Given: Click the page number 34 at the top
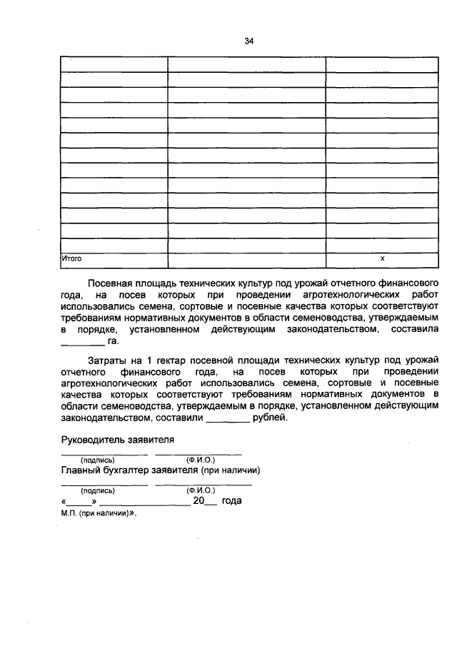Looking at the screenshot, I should (249, 41).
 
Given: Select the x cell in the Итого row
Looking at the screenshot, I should (382, 258).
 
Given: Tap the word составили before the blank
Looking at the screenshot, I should (183, 418).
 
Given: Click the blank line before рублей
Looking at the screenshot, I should (228, 420).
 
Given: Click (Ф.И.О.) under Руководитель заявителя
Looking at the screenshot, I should (201, 460).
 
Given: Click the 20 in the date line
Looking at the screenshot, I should (199, 501).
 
